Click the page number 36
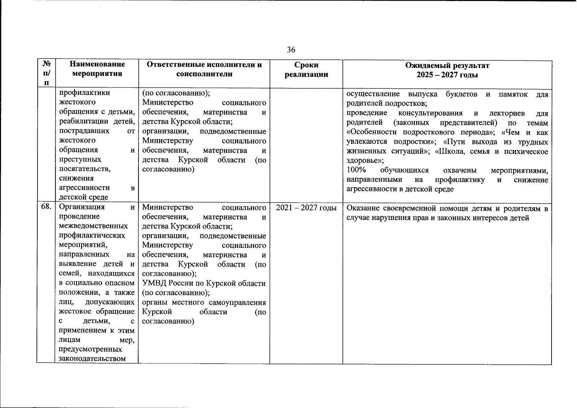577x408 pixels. pos(291,50)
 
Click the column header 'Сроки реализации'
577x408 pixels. pos(306,70)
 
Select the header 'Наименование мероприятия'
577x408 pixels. pos(97,69)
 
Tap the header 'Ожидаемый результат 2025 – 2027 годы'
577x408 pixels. pos(447,70)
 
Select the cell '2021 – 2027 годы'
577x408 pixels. pos(306,208)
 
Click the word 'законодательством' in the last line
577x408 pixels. pos(92,359)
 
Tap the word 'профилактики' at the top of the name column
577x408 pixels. pos(85,93)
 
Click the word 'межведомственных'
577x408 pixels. pos(93,226)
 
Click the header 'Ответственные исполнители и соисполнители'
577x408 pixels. pos(204,69)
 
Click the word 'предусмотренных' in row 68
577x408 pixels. pos(90,349)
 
